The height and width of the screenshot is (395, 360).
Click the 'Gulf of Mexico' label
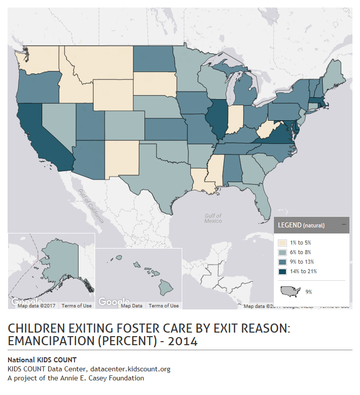click(x=213, y=218)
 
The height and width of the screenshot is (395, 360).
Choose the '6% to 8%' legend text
click(x=300, y=252)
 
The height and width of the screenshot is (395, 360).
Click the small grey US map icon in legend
click(x=290, y=291)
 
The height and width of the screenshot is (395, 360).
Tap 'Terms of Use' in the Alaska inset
click(x=77, y=305)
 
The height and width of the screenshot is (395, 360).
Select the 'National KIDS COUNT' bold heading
click(x=42, y=360)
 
